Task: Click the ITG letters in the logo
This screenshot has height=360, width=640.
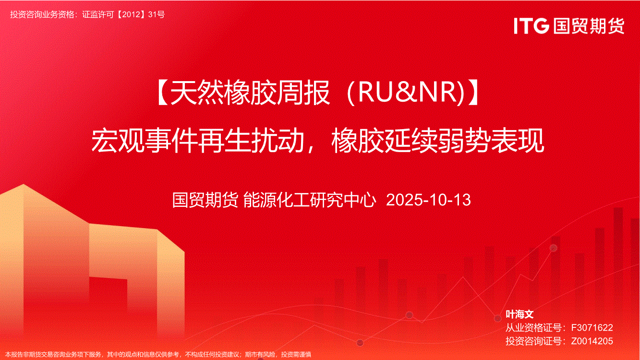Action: tap(531, 26)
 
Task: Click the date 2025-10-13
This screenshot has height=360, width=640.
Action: tap(428, 200)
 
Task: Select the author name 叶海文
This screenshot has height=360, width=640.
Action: tap(519, 314)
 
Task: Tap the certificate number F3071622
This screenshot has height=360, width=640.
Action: tap(592, 327)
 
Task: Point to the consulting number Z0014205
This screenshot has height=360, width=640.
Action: tap(592, 341)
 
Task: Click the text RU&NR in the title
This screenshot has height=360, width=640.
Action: tap(408, 92)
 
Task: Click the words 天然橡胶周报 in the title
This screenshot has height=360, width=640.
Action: tap(250, 92)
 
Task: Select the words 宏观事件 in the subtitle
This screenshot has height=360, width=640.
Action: tap(144, 141)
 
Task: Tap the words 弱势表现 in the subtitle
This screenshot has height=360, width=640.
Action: tap(491, 141)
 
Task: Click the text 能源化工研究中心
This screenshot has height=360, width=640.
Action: tap(309, 200)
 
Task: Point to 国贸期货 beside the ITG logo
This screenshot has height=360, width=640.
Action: tap(589, 26)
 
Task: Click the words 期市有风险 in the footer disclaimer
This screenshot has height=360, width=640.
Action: tap(260, 354)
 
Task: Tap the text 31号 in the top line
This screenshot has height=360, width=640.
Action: tap(157, 14)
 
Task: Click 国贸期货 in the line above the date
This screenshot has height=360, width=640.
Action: tap(205, 200)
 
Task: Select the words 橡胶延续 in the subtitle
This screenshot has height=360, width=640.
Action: tap(385, 141)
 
